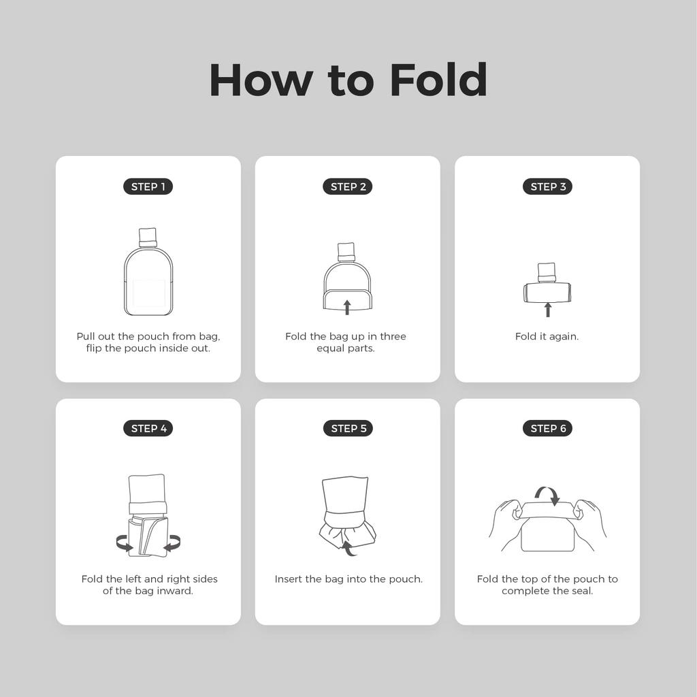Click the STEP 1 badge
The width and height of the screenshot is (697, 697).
(x=148, y=187)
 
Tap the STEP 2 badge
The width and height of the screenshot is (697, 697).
(x=347, y=187)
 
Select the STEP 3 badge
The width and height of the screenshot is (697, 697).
(x=547, y=187)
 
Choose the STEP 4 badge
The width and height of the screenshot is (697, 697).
(x=148, y=428)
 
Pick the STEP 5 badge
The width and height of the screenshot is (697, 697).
(x=347, y=428)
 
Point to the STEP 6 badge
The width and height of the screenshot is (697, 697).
(x=547, y=428)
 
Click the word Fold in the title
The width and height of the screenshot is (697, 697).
(x=438, y=80)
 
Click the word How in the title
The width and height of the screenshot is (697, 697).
(x=261, y=80)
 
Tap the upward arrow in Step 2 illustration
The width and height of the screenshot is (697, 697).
(x=347, y=306)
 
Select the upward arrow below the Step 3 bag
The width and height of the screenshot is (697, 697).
(x=547, y=310)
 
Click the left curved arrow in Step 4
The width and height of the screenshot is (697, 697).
(x=125, y=543)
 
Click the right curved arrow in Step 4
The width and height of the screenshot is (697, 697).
(x=172, y=543)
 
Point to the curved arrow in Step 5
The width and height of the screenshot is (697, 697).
(x=348, y=547)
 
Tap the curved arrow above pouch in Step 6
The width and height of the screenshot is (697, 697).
(x=547, y=494)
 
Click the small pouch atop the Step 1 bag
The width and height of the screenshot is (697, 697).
(x=148, y=237)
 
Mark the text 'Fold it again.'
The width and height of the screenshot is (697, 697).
(x=547, y=336)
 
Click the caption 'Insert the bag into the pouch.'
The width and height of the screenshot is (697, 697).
(x=348, y=579)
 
